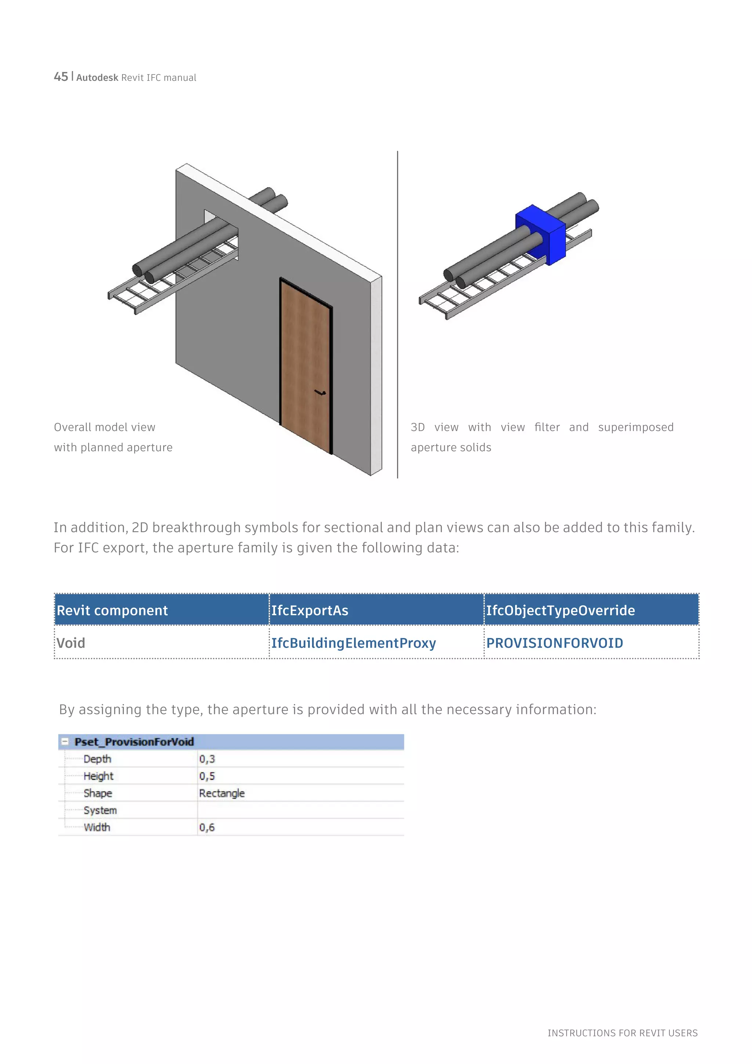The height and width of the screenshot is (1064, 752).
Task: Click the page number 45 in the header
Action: [x=61, y=77]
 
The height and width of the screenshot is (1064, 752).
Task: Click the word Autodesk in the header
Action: [x=97, y=78]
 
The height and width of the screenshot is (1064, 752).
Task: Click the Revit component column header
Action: [x=112, y=610]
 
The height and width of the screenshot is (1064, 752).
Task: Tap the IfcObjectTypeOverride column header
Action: [x=560, y=610]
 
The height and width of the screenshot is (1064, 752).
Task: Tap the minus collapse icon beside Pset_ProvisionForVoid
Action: [x=65, y=741]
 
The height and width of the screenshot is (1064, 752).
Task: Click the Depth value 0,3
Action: [x=207, y=759]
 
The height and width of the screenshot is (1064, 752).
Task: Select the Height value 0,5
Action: [x=207, y=776]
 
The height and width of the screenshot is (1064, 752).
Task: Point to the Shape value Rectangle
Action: [x=222, y=793]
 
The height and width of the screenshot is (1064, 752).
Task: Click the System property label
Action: [x=100, y=810]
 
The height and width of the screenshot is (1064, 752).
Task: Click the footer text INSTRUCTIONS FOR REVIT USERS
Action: [x=622, y=1033]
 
